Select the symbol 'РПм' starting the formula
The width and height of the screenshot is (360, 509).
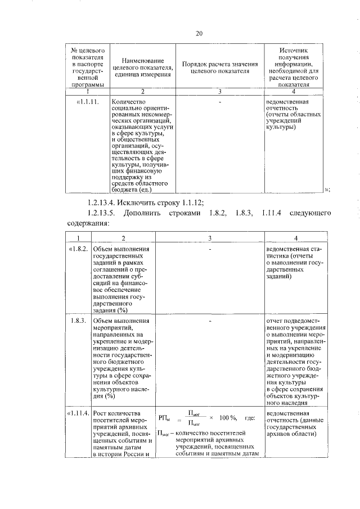(165, 418)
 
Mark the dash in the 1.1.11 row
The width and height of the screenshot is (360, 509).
(220, 103)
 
